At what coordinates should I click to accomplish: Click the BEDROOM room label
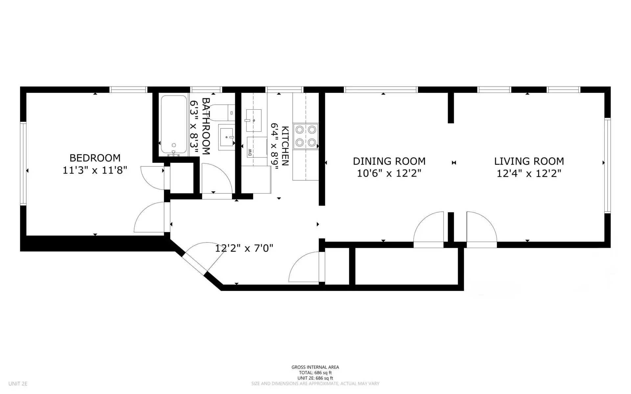[95, 158]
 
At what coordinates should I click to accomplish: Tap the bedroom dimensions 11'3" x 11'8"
[95, 170]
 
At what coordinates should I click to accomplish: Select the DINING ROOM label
[389, 161]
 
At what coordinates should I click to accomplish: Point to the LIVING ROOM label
[529, 161]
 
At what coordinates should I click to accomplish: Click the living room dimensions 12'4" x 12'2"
[529, 173]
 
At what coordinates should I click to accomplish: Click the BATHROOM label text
[206, 126]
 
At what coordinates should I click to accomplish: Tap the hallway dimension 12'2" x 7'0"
[244, 248]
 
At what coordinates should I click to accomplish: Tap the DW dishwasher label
[250, 153]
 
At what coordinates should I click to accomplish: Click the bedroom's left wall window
[23, 163]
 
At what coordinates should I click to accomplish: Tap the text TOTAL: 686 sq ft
[315, 373]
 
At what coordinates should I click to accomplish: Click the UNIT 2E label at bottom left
[18, 383]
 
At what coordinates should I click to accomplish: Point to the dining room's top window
[381, 90]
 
